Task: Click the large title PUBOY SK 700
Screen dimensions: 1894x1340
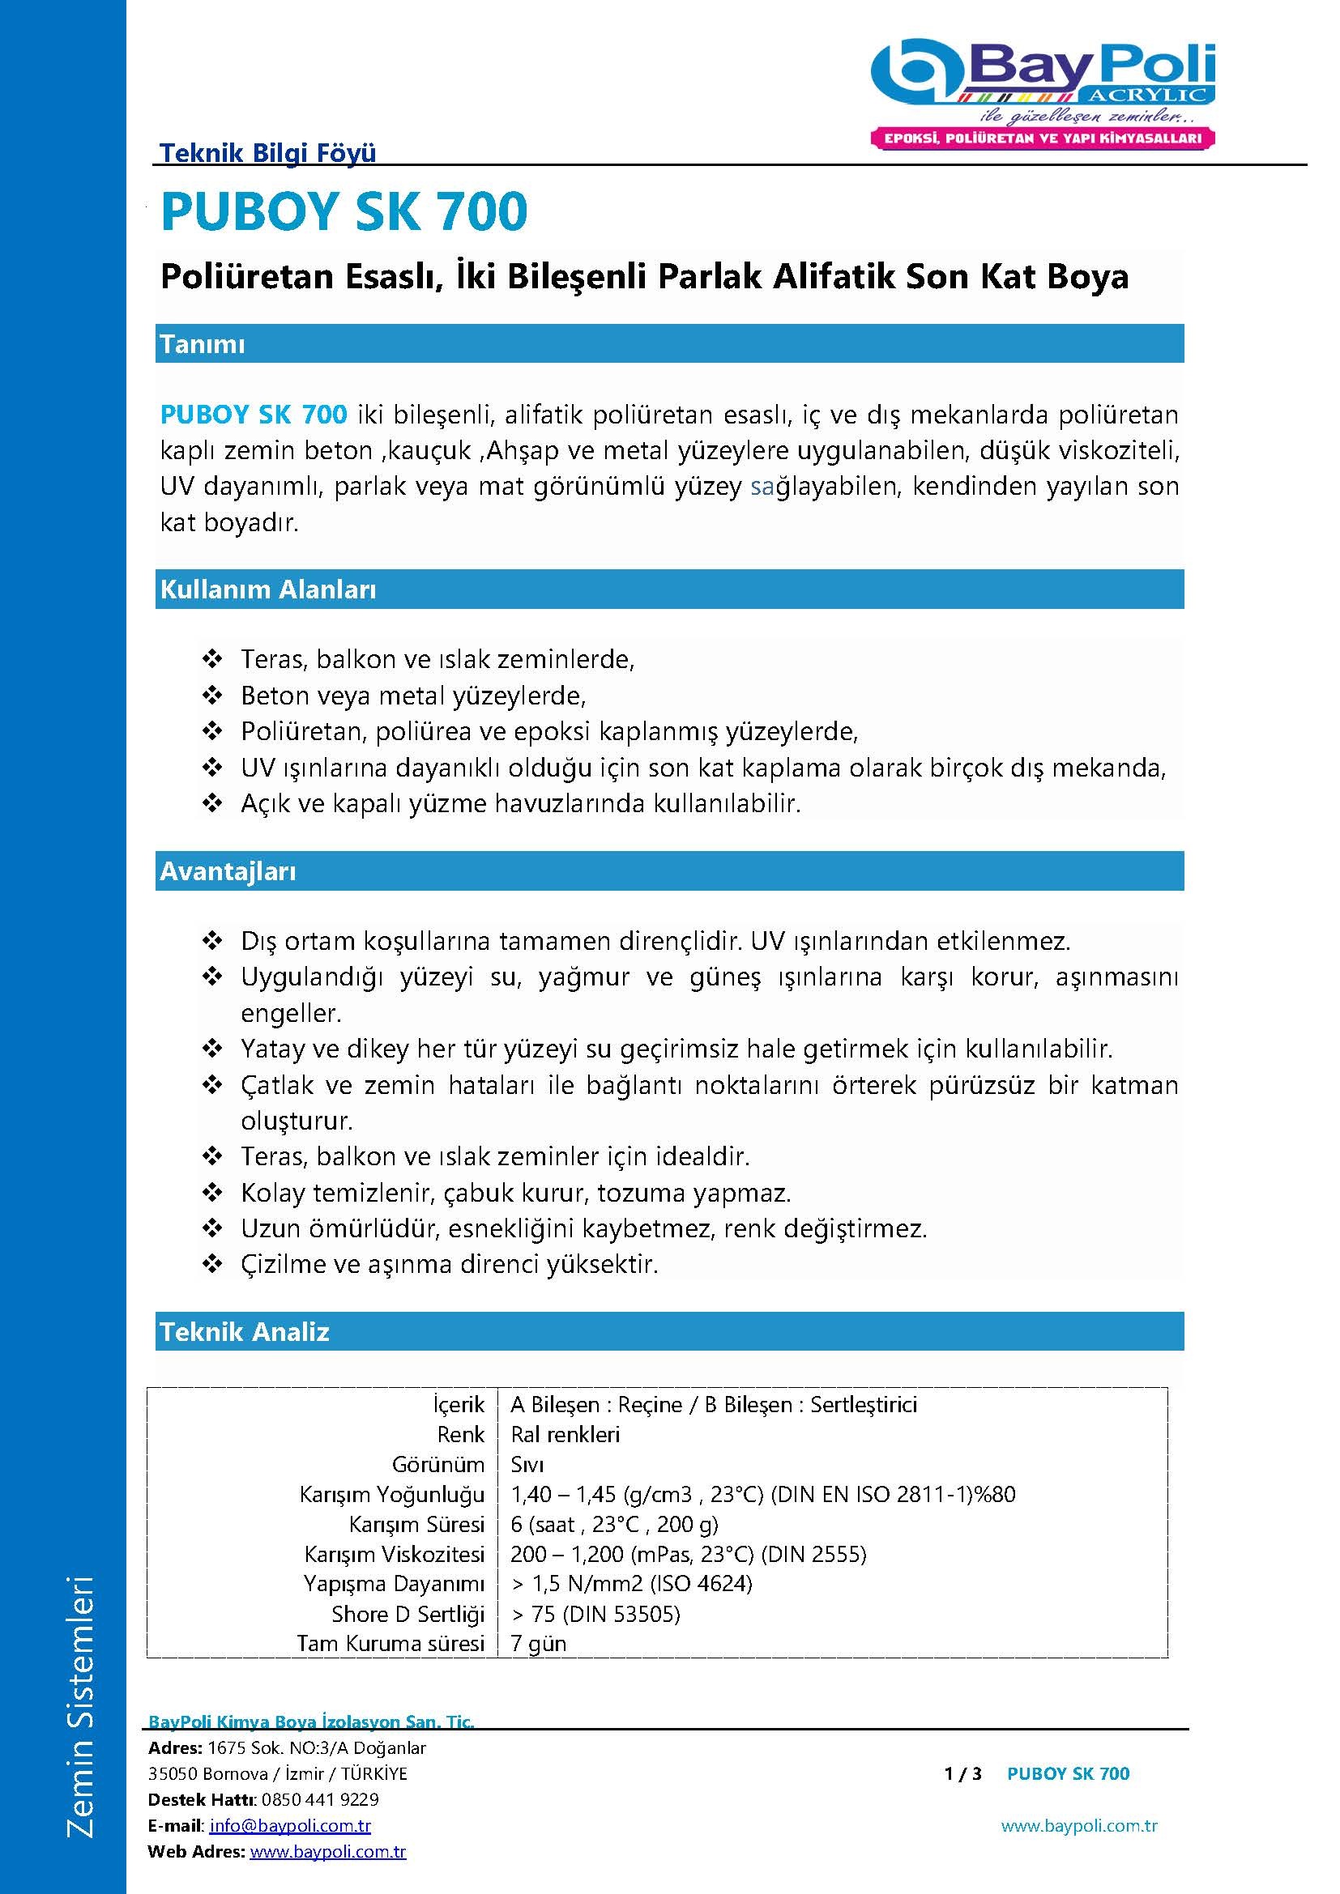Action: click(344, 211)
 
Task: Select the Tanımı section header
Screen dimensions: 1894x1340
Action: click(203, 344)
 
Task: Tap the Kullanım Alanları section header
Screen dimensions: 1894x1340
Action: click(268, 589)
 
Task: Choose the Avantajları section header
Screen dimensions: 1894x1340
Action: click(228, 871)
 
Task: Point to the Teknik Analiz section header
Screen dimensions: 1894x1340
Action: click(244, 1331)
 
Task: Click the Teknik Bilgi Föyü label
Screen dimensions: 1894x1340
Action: click(267, 152)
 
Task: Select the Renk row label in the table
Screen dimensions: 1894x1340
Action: click(460, 1435)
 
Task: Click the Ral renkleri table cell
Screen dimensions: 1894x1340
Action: click(565, 1435)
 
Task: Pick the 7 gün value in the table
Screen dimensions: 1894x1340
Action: click(538, 1643)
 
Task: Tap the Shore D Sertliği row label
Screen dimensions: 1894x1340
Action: click(408, 1614)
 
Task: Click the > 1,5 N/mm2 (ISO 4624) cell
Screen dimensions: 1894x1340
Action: click(631, 1584)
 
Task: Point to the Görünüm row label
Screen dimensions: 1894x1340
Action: click(437, 1464)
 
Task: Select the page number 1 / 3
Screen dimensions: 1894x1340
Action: click(962, 1773)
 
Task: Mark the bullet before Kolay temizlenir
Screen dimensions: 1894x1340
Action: click(212, 1193)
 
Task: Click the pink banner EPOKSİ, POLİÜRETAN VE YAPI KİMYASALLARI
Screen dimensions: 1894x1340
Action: click(1042, 138)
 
